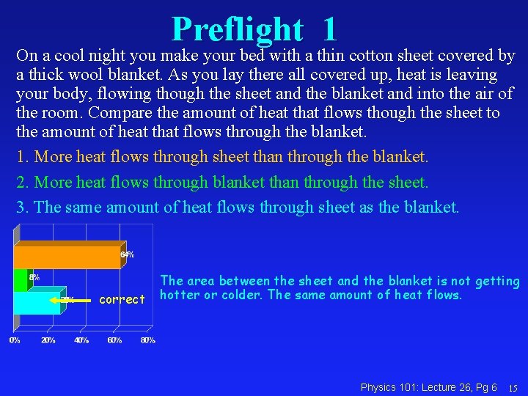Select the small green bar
click(20, 279)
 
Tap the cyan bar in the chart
click(37, 301)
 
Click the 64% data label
click(127, 254)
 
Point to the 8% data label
click(34, 277)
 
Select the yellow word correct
click(122, 299)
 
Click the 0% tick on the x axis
click(15, 340)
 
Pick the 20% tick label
click(48, 340)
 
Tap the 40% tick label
click(81, 340)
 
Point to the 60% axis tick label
click(114, 340)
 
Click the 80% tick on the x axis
click(147, 340)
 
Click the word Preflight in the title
click(237, 29)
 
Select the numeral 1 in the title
click(329, 29)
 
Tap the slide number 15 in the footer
click(513, 387)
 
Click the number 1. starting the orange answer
click(23, 157)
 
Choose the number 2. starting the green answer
click(23, 182)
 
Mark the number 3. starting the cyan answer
click(23, 207)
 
